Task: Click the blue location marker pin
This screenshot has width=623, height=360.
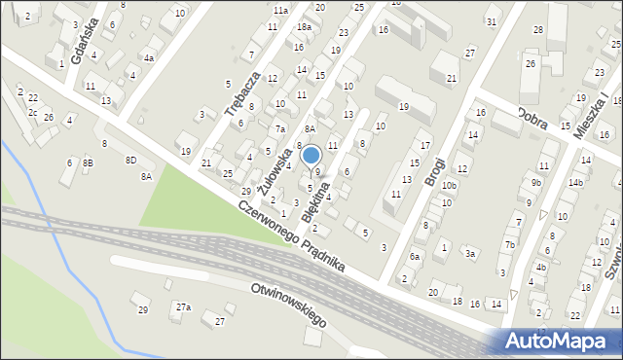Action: click(311, 156)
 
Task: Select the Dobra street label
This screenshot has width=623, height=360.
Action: click(537, 118)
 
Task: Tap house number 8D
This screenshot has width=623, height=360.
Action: click(130, 160)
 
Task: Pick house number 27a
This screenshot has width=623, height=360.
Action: click(183, 307)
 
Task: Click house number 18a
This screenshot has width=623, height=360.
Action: click(304, 27)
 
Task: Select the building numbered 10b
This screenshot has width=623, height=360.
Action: click(448, 185)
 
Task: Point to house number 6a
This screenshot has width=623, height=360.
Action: click(414, 257)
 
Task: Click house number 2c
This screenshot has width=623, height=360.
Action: click(33, 112)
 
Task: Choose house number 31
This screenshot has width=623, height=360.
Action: click(492, 21)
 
